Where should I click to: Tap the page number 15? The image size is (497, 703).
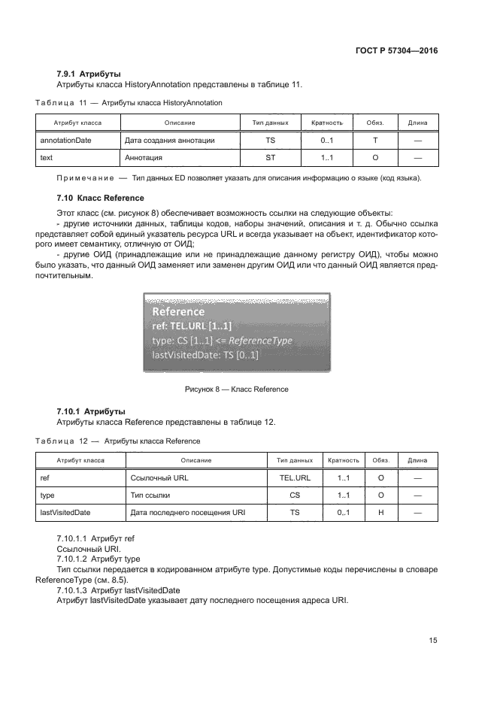point(432,640)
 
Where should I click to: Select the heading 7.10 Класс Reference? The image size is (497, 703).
point(100,198)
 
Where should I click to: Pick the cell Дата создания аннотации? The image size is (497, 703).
point(170,140)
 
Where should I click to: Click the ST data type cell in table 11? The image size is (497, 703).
point(270,158)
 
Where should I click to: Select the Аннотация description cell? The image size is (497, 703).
point(144,158)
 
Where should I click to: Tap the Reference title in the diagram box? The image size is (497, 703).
point(178,311)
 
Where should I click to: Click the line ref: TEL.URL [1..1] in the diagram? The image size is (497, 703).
point(192,326)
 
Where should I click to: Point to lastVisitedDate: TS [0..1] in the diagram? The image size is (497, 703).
point(205,354)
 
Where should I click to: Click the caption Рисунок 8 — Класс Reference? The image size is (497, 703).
point(236,389)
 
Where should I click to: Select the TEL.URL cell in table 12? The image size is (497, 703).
point(295,477)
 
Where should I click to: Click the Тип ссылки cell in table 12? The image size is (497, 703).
point(150,495)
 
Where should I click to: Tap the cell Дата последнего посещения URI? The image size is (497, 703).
point(187,513)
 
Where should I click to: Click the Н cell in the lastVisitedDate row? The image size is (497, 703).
point(380,513)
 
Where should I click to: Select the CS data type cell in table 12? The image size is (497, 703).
point(295,495)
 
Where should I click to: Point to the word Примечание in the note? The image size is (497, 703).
point(83,178)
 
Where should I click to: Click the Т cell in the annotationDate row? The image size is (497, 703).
point(374,140)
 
